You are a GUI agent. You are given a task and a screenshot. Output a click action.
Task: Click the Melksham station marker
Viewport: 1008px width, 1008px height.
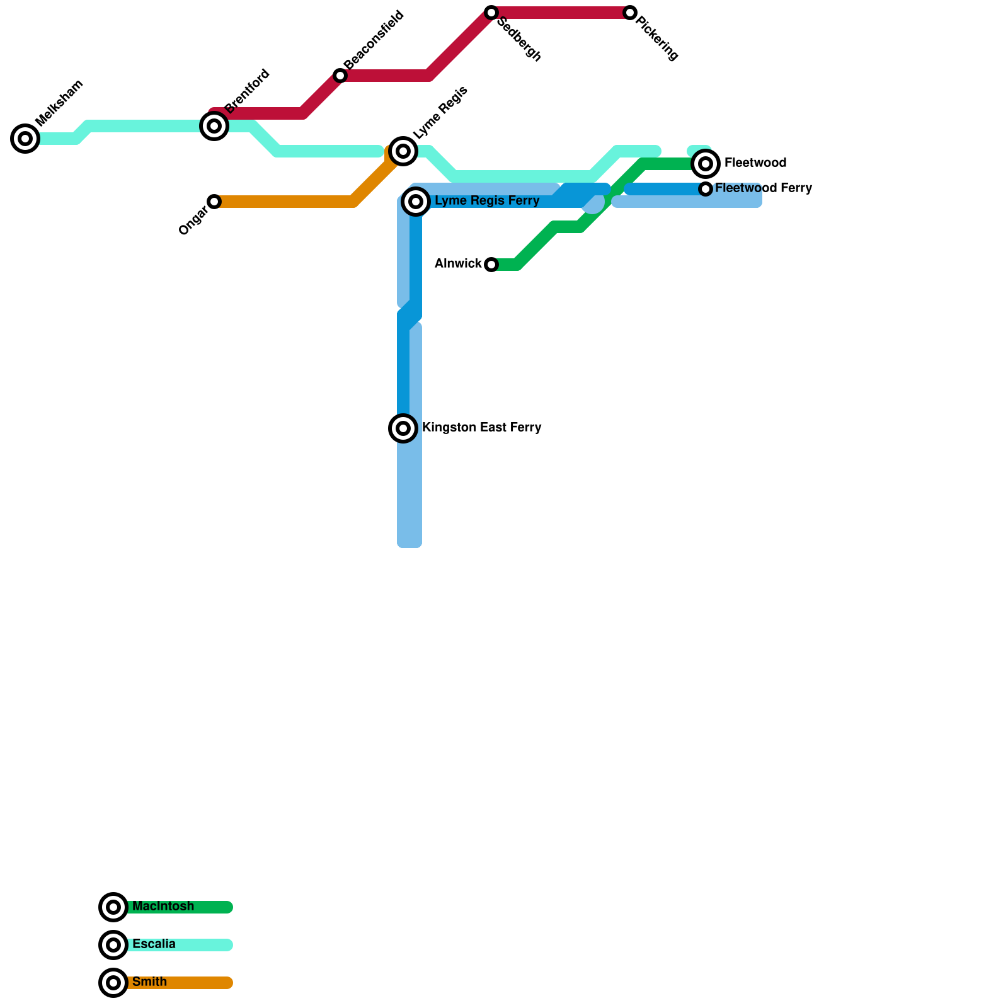tap(25, 139)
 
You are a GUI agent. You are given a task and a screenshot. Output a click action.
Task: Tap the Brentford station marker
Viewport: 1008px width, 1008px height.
tap(214, 126)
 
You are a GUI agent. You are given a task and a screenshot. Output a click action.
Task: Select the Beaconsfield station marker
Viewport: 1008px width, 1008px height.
tap(340, 76)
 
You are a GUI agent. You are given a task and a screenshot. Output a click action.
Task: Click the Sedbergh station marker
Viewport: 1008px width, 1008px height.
tap(491, 13)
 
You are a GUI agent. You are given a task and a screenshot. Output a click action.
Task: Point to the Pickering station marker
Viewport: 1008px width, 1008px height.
tap(630, 13)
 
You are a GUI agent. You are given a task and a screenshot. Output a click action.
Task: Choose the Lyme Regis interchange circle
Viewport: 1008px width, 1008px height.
tap(403, 151)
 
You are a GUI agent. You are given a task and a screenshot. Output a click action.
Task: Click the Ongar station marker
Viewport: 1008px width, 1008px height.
tap(214, 202)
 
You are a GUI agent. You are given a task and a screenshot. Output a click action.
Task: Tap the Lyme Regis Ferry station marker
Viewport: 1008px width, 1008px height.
tap(416, 202)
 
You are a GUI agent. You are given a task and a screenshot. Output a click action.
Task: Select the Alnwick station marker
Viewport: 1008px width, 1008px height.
tap(491, 265)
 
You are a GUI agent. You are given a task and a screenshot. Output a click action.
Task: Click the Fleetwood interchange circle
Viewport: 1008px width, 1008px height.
tap(706, 164)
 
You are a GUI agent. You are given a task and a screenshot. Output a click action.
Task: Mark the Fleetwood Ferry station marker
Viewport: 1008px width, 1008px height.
tap(706, 189)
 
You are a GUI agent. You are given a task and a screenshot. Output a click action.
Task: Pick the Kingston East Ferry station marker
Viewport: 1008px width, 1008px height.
tap(403, 428)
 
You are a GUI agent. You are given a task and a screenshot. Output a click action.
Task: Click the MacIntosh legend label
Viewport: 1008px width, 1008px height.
tap(163, 907)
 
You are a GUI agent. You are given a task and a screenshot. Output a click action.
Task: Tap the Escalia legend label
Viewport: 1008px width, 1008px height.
tap(154, 944)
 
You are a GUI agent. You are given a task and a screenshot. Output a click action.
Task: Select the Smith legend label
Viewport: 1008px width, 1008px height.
tap(149, 982)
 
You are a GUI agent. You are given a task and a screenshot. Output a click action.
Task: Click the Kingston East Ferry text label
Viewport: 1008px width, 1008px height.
tap(481, 428)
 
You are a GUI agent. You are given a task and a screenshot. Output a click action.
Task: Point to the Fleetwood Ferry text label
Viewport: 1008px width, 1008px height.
tap(764, 188)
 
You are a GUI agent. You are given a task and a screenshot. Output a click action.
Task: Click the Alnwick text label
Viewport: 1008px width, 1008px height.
tap(458, 264)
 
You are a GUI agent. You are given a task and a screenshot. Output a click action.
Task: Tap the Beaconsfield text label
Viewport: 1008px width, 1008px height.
tap(374, 40)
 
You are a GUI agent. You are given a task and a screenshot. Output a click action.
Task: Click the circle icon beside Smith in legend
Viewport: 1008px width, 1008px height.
tap(113, 983)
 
